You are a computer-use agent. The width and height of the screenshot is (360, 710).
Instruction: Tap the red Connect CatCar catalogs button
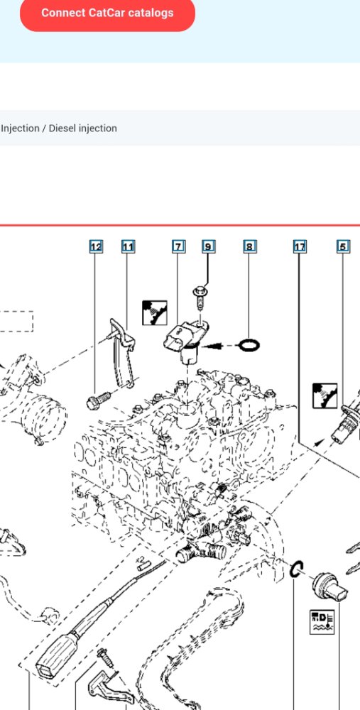107,13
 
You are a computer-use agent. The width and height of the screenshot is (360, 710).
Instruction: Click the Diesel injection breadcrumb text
83,128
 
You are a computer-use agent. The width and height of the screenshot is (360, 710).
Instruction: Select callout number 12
96,247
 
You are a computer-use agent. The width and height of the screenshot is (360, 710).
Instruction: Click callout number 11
128,247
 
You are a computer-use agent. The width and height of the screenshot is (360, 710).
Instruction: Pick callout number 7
178,247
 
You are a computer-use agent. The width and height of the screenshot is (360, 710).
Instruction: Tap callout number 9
208,247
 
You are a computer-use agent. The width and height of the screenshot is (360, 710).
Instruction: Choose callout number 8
250,247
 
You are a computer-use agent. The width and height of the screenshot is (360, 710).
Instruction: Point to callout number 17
300,247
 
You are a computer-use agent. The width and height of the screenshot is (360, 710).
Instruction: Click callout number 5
343,247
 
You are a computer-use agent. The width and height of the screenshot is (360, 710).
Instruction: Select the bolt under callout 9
200,297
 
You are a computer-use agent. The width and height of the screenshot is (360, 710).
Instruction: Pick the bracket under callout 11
121,353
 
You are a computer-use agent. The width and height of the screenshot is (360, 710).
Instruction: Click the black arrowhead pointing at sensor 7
212,346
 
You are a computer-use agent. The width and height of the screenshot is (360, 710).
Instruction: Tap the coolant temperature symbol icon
322,622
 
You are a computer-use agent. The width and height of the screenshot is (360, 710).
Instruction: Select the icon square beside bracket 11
154,312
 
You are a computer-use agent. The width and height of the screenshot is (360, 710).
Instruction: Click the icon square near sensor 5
324,395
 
